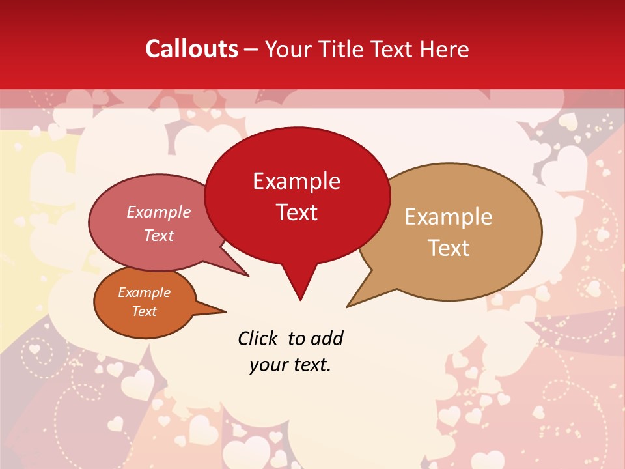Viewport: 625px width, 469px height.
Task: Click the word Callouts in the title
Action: (x=191, y=49)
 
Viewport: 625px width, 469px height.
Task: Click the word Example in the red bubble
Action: (x=297, y=181)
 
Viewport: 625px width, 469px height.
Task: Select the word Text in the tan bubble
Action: (x=449, y=248)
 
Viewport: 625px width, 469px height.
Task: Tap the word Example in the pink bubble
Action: (x=159, y=212)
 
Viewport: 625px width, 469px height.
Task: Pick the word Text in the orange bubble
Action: (x=145, y=311)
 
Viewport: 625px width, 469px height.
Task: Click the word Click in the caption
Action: (x=258, y=338)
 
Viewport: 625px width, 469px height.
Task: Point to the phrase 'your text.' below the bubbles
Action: (x=290, y=365)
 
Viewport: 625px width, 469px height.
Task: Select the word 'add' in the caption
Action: (x=327, y=338)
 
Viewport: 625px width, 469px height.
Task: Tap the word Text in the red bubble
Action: (x=297, y=212)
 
